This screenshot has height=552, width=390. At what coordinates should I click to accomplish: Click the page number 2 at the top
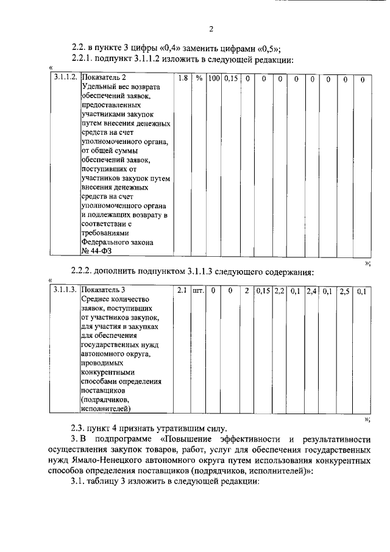[x=211, y=29]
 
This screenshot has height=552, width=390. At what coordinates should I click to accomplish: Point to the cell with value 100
[x=213, y=79]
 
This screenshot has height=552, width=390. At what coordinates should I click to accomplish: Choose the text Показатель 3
[x=104, y=292]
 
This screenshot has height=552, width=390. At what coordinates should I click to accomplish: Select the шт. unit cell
[x=198, y=292]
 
